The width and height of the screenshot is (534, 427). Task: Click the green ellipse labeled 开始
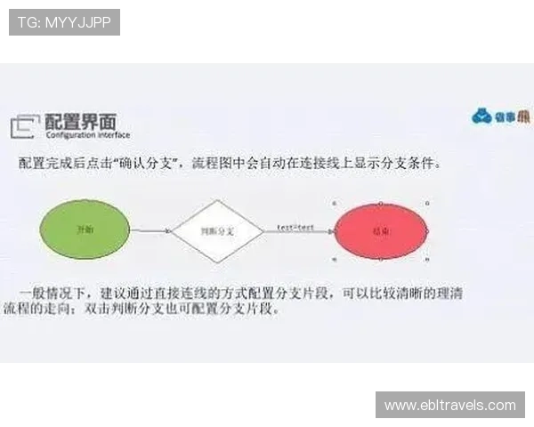(x=85, y=229)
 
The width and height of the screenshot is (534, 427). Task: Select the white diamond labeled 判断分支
(x=216, y=230)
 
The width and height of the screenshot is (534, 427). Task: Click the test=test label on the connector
(x=295, y=227)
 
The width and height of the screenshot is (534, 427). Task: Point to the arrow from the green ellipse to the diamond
(x=150, y=230)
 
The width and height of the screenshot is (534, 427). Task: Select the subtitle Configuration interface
(x=86, y=135)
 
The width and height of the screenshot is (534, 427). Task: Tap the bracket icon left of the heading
(x=25, y=126)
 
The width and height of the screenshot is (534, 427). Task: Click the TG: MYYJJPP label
(x=63, y=21)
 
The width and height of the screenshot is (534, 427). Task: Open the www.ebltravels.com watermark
(x=449, y=405)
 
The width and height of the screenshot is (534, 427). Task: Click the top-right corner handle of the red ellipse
(x=428, y=202)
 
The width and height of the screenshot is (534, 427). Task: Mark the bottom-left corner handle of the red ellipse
(x=335, y=259)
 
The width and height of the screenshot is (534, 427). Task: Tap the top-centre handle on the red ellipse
(x=382, y=202)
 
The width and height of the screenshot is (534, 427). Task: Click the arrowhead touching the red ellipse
(x=330, y=230)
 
